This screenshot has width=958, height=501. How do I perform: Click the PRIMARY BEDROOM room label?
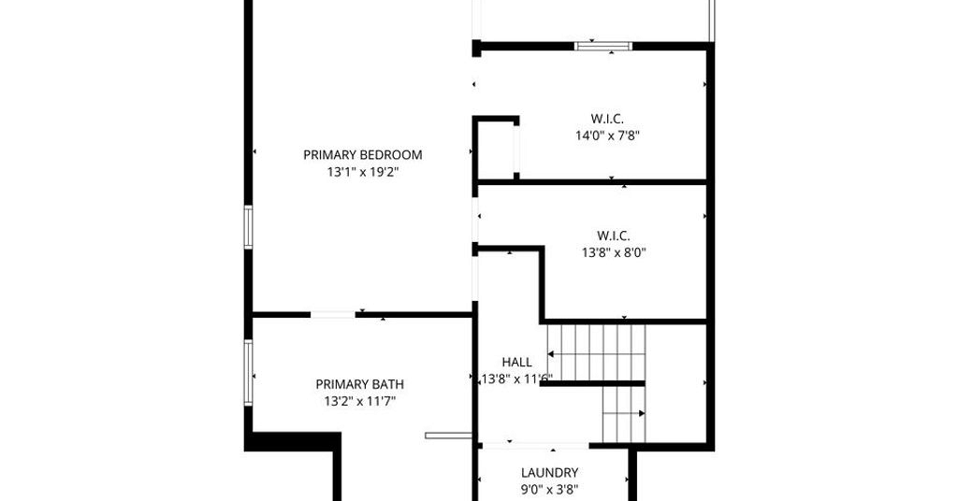pos(362,155)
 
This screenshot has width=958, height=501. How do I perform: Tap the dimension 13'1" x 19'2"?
pos(362,172)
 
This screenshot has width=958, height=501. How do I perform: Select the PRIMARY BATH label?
pos(359,384)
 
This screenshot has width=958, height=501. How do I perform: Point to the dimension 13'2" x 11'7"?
pos(359,402)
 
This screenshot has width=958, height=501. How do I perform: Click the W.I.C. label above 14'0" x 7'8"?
pos(606,119)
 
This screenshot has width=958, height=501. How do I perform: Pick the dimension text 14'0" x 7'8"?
pos(606,136)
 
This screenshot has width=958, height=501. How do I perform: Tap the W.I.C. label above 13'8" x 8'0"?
pos(614,236)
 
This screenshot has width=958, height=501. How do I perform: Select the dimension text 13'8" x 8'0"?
pos(614,252)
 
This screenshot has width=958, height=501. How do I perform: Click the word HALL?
pos(516,363)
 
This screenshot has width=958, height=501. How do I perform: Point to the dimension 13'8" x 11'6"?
pos(516,379)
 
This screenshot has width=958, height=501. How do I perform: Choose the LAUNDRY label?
pos(549,472)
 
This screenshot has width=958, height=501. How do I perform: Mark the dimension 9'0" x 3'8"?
pos(549,490)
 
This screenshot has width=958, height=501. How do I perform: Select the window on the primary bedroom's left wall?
pos(248,227)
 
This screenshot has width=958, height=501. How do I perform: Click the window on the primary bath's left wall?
pos(248,372)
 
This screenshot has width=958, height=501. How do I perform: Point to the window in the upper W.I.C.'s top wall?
pos(603,46)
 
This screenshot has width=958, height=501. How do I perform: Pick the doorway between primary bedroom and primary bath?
pos(333,315)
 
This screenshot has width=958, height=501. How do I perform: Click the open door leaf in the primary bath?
pos(448,436)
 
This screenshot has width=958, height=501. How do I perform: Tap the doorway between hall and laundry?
pos(535,446)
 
